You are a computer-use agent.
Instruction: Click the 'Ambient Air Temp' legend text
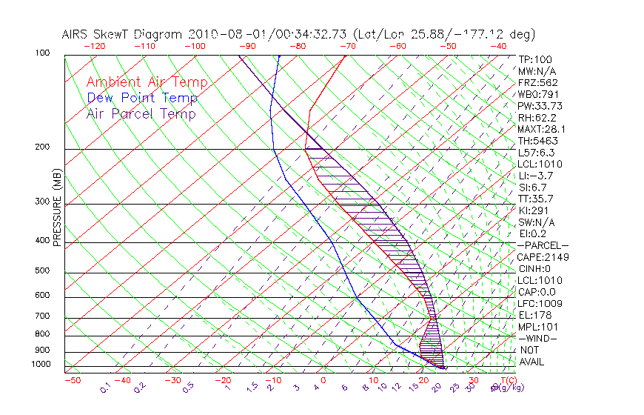(x=147, y=83)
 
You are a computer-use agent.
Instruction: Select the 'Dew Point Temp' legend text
(x=142, y=99)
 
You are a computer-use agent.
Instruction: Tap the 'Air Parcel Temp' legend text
(x=141, y=114)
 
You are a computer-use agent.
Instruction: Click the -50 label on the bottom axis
(x=72, y=381)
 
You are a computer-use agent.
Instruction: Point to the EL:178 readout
(x=534, y=315)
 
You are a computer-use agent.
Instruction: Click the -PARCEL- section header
(x=543, y=245)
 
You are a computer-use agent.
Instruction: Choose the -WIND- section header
(x=537, y=338)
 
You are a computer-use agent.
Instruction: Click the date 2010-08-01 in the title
(x=222, y=34)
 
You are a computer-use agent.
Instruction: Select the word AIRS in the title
(x=78, y=34)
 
